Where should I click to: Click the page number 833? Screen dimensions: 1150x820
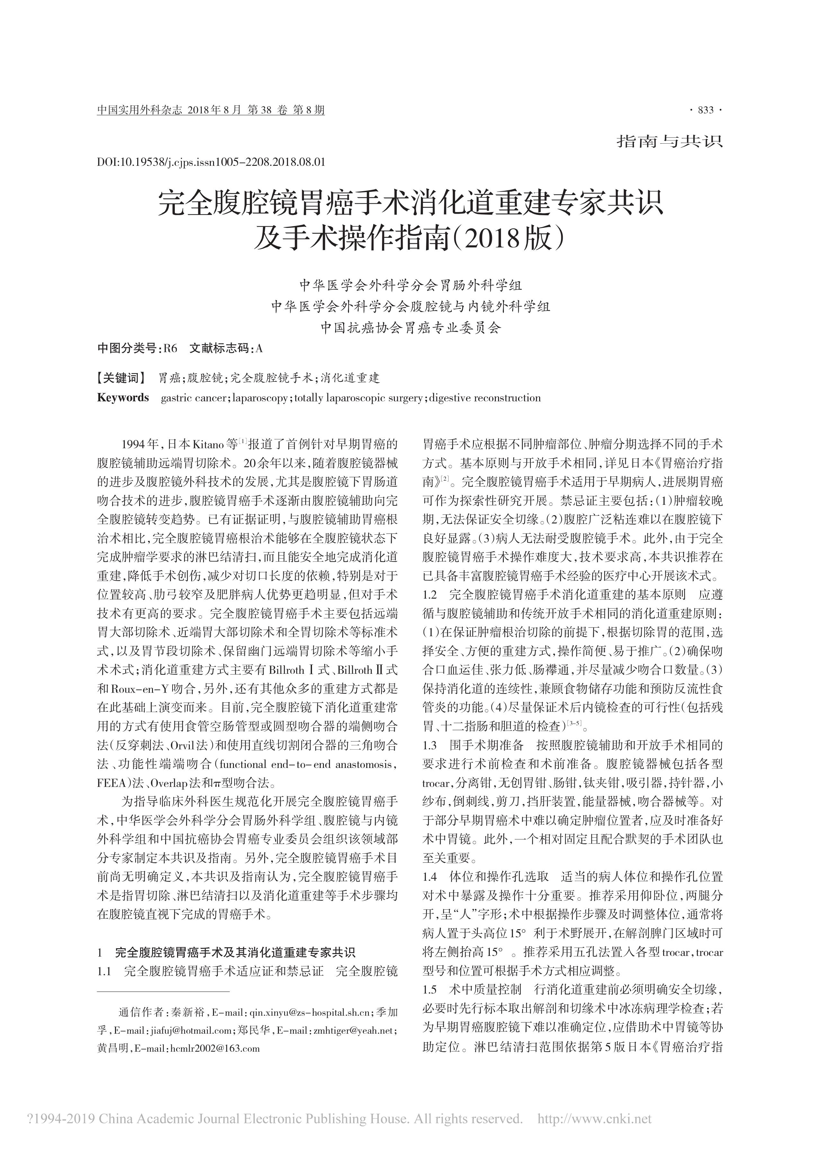point(705,111)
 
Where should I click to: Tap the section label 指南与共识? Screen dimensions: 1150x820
point(670,141)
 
